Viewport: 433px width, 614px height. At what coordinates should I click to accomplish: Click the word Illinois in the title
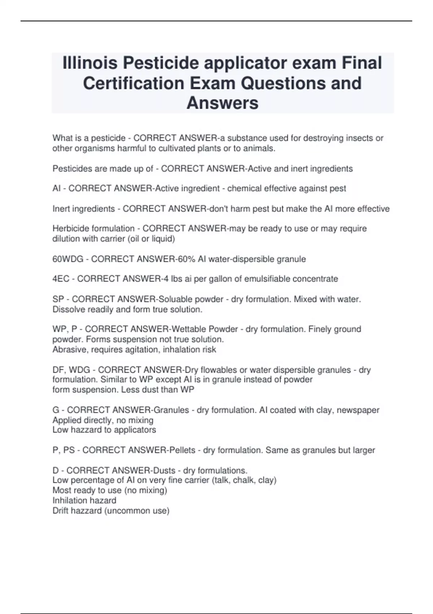coord(90,63)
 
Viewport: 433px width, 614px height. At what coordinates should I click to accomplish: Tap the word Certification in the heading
coord(134,83)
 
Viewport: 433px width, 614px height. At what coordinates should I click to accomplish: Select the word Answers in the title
coord(222,103)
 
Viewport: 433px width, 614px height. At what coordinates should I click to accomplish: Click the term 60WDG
coord(68,259)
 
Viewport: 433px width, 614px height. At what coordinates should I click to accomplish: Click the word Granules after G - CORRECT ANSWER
coord(171,410)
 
